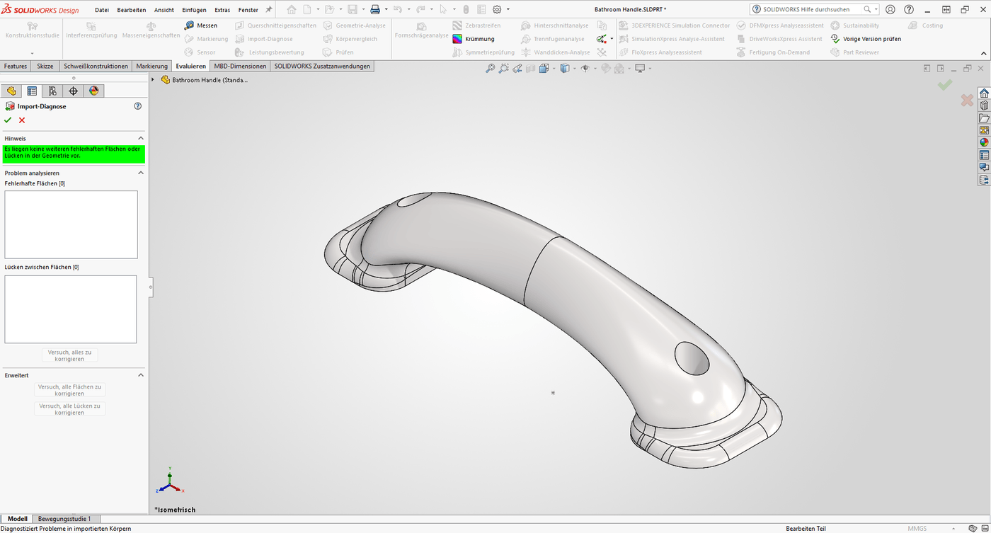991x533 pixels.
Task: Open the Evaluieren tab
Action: pos(190,66)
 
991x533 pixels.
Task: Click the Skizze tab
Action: pos(45,66)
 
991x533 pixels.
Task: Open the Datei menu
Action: pos(102,10)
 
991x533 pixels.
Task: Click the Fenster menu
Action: pos(248,10)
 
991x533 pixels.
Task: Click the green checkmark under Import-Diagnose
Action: pos(8,120)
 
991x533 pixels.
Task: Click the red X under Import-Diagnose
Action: pos(22,120)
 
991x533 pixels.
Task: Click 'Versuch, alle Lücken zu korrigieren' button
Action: pos(69,409)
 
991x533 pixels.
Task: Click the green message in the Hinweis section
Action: pos(73,152)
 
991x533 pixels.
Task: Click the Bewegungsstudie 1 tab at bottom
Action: pos(64,519)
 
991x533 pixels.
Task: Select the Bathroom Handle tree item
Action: pos(210,80)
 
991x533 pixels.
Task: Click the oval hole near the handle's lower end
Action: pos(692,358)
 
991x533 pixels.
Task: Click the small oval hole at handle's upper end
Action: pos(410,201)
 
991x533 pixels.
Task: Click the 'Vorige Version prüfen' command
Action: pos(871,39)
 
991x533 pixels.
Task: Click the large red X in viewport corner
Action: pos(966,101)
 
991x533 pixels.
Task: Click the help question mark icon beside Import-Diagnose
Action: pos(137,106)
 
